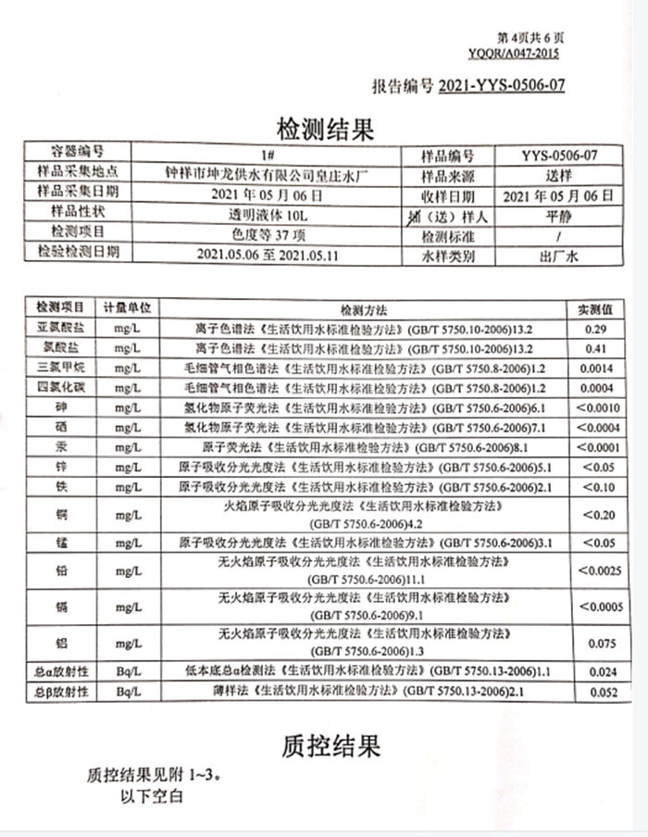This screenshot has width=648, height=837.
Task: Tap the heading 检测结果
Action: point(325,129)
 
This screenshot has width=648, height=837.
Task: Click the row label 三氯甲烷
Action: point(60,369)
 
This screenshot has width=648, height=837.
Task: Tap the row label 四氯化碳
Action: point(60,388)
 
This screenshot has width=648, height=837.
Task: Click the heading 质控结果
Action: point(331,743)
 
